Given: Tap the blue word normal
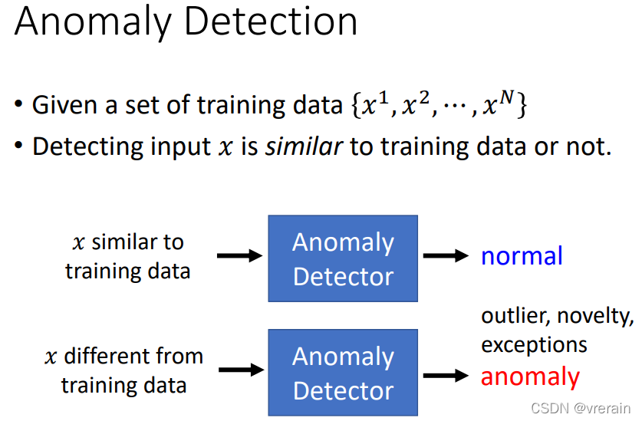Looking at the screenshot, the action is pyautogui.click(x=522, y=255).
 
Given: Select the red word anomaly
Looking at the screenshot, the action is pyautogui.click(x=530, y=377).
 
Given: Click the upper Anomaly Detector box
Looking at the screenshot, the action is pyautogui.click(x=343, y=258).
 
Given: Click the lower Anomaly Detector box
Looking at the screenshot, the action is pyautogui.click(x=343, y=373).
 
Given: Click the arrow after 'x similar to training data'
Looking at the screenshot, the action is pyautogui.click(x=239, y=256).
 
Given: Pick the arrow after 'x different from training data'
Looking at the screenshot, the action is pyautogui.click(x=239, y=370).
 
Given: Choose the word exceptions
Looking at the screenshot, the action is pyautogui.click(x=534, y=344).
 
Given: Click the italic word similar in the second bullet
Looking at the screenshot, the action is pyautogui.click(x=304, y=146).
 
